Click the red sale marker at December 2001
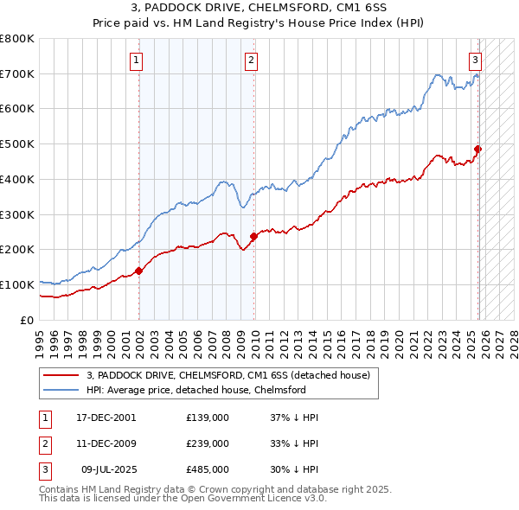[x=139, y=271]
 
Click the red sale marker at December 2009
[x=253, y=236]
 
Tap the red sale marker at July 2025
[x=477, y=149]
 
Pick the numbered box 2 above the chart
[x=251, y=61]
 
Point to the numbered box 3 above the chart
[x=475, y=61]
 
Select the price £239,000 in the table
[x=207, y=443]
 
